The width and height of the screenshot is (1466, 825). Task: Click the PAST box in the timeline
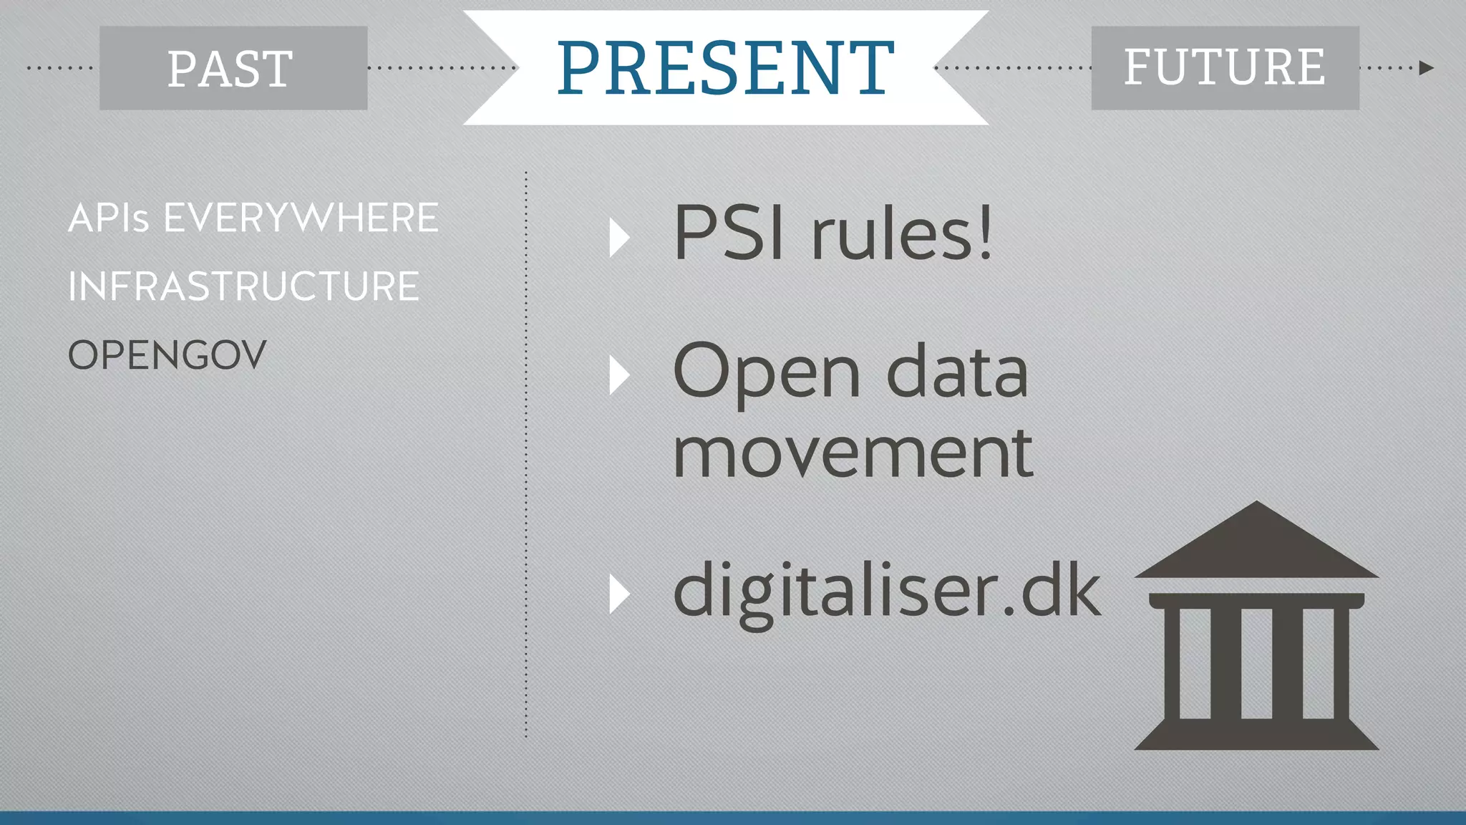[233, 68]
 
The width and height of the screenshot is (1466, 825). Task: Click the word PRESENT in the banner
[725, 67]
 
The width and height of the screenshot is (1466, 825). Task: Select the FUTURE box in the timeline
[1225, 68]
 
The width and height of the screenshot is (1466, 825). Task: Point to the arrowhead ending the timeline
[1426, 68]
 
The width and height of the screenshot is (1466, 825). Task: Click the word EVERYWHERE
[301, 218]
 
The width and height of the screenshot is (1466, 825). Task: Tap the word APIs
[108, 218]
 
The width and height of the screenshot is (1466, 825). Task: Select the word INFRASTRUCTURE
[243, 286]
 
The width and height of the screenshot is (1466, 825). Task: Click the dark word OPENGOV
[167, 355]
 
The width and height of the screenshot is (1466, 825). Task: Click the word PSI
[729, 233]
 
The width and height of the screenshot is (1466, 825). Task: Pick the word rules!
[902, 233]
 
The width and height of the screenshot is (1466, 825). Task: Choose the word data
[958, 373]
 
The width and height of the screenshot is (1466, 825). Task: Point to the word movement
[853, 453]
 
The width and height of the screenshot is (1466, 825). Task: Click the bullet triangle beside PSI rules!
[618, 238]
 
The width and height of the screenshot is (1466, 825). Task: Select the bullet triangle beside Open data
[618, 375]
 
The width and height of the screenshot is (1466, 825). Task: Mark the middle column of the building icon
[1256, 662]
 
